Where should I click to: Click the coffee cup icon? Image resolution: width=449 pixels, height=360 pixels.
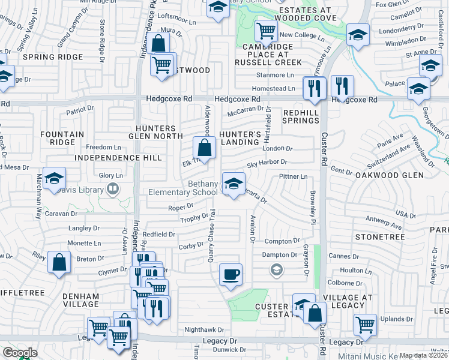tap(231, 275)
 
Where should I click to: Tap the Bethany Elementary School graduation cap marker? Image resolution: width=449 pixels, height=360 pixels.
tap(234, 182)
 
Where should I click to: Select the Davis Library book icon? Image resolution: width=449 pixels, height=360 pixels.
tap(112, 190)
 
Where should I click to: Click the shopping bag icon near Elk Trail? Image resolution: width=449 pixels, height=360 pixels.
tap(204, 148)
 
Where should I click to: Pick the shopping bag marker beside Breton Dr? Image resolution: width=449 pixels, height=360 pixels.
tap(58, 263)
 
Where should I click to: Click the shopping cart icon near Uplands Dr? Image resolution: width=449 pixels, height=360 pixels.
tap(365, 325)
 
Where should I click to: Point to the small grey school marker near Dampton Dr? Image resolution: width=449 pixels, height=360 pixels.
tap(276, 271)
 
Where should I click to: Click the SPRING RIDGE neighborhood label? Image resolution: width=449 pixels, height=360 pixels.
tap(44, 57)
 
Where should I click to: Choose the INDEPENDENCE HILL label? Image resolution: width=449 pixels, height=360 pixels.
tap(118, 158)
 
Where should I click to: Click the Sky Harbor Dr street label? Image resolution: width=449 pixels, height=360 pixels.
tap(267, 162)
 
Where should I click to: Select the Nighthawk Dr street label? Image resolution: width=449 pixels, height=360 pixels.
tap(203, 329)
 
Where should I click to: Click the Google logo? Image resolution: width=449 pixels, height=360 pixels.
tap(19, 353)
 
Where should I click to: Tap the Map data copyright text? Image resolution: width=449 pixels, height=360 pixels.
tap(423, 355)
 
